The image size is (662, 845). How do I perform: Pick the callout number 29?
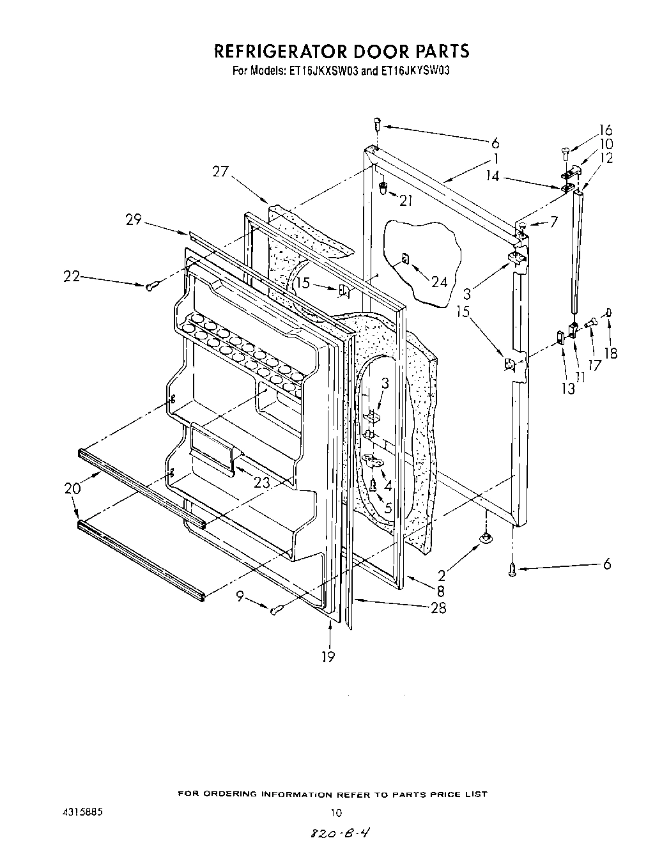click(x=133, y=220)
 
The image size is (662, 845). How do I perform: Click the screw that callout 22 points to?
click(x=150, y=287)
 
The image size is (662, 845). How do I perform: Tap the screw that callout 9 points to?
click(x=275, y=611)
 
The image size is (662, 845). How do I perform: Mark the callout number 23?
click(x=261, y=484)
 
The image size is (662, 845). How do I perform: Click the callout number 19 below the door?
click(x=328, y=656)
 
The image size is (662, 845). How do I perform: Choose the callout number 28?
click(x=438, y=608)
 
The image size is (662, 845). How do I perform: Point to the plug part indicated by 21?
click(x=383, y=188)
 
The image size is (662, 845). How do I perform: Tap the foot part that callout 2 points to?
click(x=486, y=538)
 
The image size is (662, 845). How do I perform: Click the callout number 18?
click(x=611, y=352)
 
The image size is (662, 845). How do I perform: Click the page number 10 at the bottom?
click(x=335, y=813)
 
